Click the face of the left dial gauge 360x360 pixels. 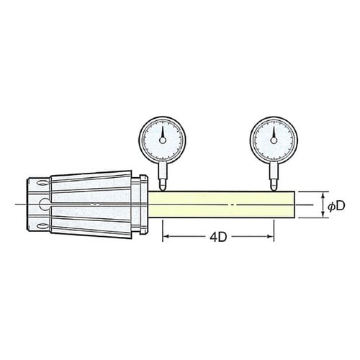(x=163, y=141)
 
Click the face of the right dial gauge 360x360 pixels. (x=274, y=141)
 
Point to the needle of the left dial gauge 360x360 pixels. (x=163, y=134)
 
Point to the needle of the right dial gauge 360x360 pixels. (x=274, y=134)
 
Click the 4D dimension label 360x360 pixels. (x=218, y=238)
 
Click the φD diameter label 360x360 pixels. (x=336, y=206)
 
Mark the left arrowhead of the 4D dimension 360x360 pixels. (x=167, y=238)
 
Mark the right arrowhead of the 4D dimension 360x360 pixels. (x=270, y=238)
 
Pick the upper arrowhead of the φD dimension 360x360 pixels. (x=321, y=195)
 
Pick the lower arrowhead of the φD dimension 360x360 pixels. (x=321, y=215)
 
